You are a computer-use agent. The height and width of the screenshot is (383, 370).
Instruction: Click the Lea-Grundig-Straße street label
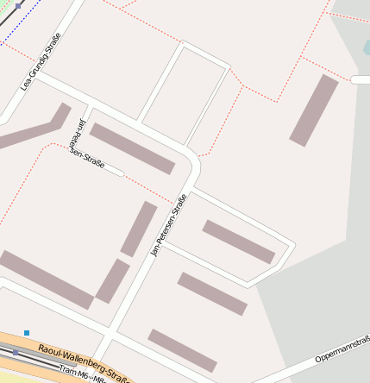click(x=41, y=61)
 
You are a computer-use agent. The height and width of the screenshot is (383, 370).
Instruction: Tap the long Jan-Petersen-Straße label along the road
click(x=169, y=226)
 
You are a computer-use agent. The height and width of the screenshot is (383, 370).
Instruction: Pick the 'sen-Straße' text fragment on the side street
click(x=88, y=160)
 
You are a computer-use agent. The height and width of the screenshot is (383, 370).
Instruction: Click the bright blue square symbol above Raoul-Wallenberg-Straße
click(x=27, y=333)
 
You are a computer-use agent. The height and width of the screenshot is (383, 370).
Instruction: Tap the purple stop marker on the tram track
click(x=16, y=352)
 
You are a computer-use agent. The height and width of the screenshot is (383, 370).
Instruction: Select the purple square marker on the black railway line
click(x=18, y=5)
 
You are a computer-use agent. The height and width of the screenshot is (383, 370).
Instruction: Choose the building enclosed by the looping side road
click(x=238, y=242)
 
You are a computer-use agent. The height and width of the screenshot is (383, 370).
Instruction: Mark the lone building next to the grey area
click(x=314, y=110)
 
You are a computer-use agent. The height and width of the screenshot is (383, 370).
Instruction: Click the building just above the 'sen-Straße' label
click(x=133, y=148)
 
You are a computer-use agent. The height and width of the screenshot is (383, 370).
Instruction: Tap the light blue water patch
click(x=367, y=47)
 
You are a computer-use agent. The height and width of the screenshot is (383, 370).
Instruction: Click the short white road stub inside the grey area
click(x=361, y=79)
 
